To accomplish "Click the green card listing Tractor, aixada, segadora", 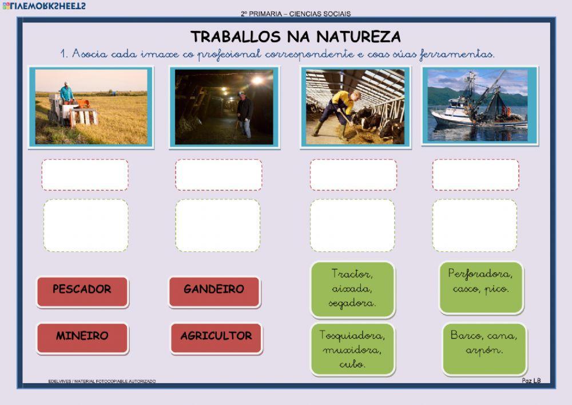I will [x=352, y=289].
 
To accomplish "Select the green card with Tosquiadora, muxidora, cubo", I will [x=352, y=349].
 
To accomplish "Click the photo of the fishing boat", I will [x=480, y=106].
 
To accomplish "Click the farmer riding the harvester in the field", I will [x=67, y=92].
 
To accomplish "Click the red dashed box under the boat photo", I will [x=475, y=175].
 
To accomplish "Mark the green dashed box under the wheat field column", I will [x=86, y=225].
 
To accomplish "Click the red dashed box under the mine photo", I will [x=219, y=175].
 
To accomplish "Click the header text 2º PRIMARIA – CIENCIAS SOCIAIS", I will [x=296, y=13].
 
